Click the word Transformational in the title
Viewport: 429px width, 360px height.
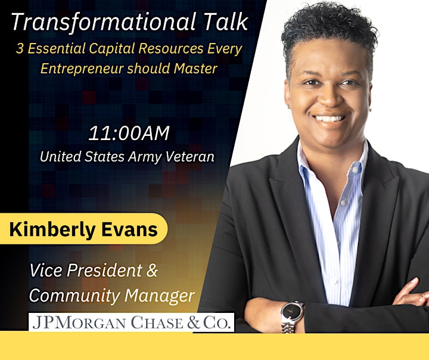104,22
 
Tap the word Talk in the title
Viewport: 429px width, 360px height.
226,21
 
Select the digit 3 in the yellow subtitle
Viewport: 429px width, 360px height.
20,49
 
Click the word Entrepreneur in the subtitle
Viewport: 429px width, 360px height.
82,69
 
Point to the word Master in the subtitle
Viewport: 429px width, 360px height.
195,69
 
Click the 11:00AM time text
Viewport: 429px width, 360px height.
129,134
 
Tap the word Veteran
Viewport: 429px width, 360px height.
190,157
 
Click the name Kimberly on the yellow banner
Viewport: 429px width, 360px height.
52,229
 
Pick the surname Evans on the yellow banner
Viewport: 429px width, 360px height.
130,229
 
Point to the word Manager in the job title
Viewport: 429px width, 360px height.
160,296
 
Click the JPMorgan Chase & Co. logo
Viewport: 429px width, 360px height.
131,322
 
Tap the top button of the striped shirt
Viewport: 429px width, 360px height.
355,170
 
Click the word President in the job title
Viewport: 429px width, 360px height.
104,270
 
